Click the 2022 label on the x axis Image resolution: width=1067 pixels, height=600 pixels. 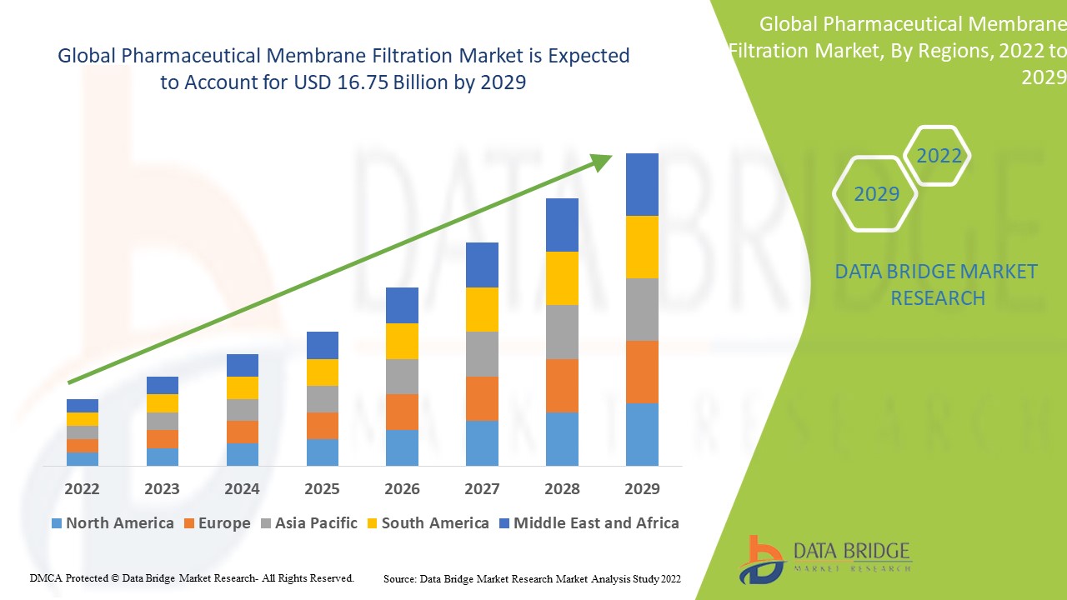(x=82, y=488)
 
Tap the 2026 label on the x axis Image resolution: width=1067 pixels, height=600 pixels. (x=402, y=488)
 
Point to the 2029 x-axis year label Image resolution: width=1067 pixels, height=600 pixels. (x=642, y=488)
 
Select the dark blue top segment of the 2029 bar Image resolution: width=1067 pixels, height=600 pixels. (x=642, y=184)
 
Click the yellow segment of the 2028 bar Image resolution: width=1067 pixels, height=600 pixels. (x=562, y=278)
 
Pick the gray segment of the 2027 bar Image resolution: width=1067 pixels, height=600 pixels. (x=482, y=354)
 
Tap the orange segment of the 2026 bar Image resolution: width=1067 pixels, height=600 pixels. (x=402, y=412)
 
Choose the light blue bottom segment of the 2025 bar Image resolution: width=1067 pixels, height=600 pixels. (x=323, y=452)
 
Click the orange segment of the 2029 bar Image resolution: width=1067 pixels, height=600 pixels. (x=642, y=372)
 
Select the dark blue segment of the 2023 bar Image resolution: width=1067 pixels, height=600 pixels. (x=163, y=385)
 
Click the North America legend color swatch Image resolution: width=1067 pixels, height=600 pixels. (x=57, y=523)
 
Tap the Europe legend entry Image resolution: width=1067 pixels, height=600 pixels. (x=216, y=523)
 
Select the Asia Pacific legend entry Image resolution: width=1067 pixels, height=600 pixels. (x=308, y=523)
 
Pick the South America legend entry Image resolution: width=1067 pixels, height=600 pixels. (x=427, y=523)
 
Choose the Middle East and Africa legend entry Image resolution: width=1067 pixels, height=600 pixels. (x=589, y=523)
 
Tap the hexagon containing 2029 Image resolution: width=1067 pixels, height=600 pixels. (x=875, y=194)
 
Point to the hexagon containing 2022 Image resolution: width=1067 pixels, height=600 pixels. (x=939, y=156)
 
